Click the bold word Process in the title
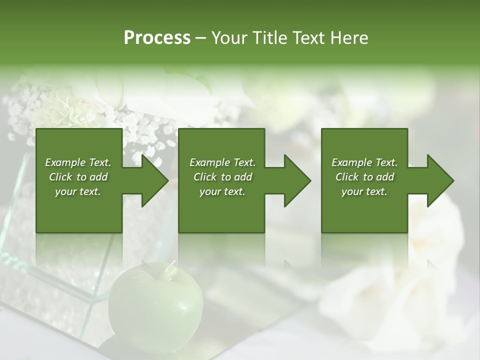tap(157, 38)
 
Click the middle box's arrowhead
tap(298, 180)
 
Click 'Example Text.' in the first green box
tap(78, 162)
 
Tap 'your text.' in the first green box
tap(78, 191)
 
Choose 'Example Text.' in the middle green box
tap(222, 162)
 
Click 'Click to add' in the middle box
tap(222, 177)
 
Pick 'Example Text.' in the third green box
tap(364, 162)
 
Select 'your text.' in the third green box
tap(364, 191)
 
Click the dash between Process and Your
tap(200, 38)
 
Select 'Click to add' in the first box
tap(78, 177)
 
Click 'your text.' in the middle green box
tap(222, 191)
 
